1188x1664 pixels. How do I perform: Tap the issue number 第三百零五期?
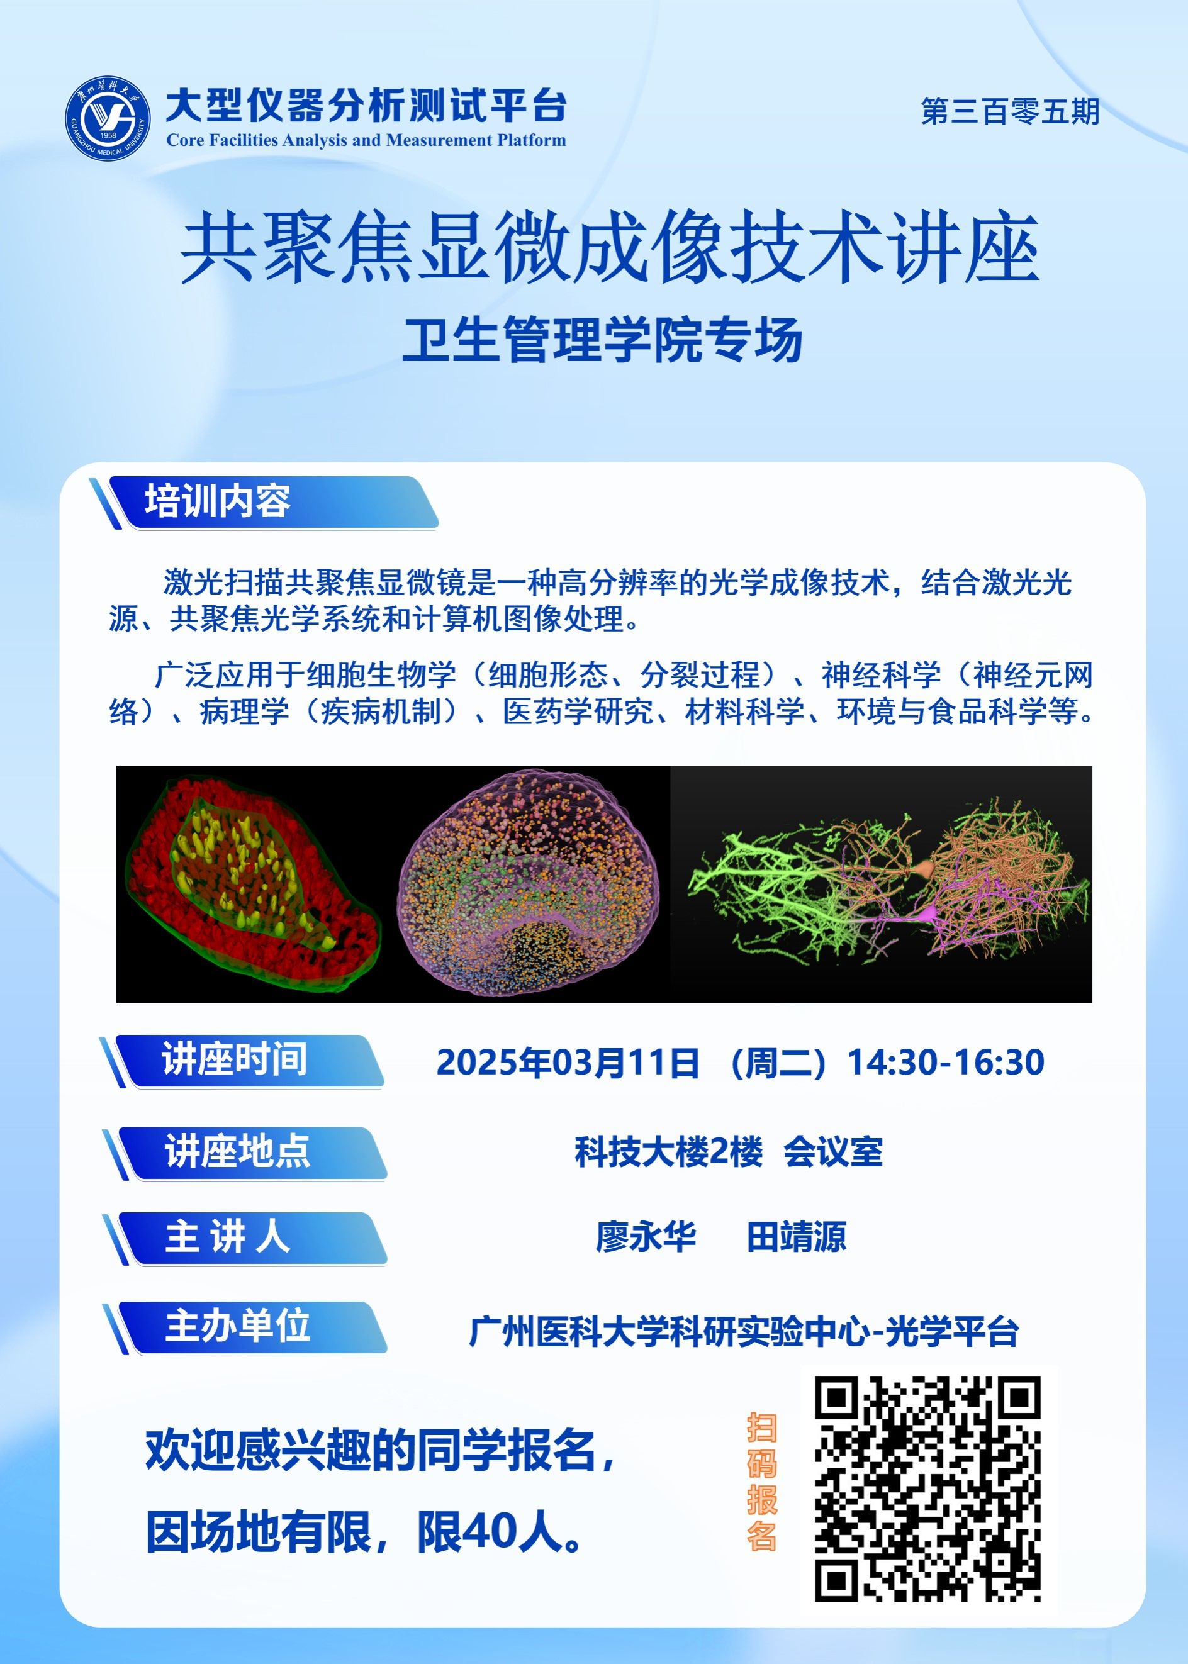coord(1010,111)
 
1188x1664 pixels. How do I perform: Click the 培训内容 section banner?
coord(264,503)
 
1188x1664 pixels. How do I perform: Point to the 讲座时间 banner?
coord(242,1061)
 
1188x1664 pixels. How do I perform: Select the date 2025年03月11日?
coord(568,1063)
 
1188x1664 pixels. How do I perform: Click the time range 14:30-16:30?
coord(945,1063)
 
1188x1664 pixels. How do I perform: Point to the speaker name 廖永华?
coord(646,1237)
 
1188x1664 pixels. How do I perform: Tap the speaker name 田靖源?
coord(796,1237)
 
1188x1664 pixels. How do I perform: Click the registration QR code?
coord(927,1489)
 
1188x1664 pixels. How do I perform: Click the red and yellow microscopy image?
coord(253,883)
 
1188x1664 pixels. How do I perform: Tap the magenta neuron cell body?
coord(928,913)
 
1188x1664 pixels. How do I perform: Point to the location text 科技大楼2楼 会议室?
coord(729,1152)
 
